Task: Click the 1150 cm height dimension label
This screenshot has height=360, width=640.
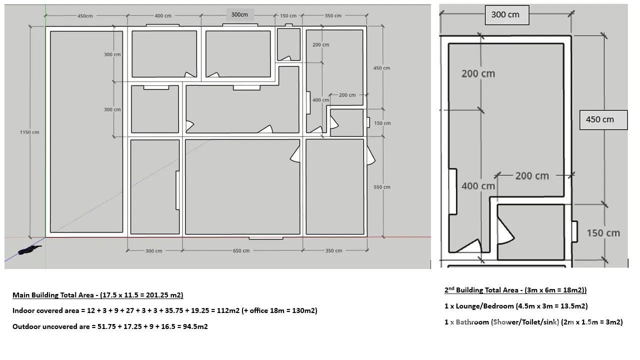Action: (29, 132)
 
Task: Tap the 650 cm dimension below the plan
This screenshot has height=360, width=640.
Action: (241, 251)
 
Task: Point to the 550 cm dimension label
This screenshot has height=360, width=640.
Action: (382, 187)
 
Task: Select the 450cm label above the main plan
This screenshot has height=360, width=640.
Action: (85, 16)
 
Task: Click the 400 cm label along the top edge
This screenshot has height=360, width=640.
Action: (163, 15)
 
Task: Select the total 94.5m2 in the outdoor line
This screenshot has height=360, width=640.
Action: (195, 326)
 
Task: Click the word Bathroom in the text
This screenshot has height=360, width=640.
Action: (472, 322)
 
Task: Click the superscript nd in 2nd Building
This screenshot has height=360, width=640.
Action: (451, 288)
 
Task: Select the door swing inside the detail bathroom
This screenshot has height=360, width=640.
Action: (506, 231)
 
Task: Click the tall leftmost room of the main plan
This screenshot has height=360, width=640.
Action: (86, 131)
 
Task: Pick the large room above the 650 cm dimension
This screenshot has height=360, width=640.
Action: (242, 187)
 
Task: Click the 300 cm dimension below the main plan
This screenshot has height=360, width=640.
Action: (153, 251)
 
